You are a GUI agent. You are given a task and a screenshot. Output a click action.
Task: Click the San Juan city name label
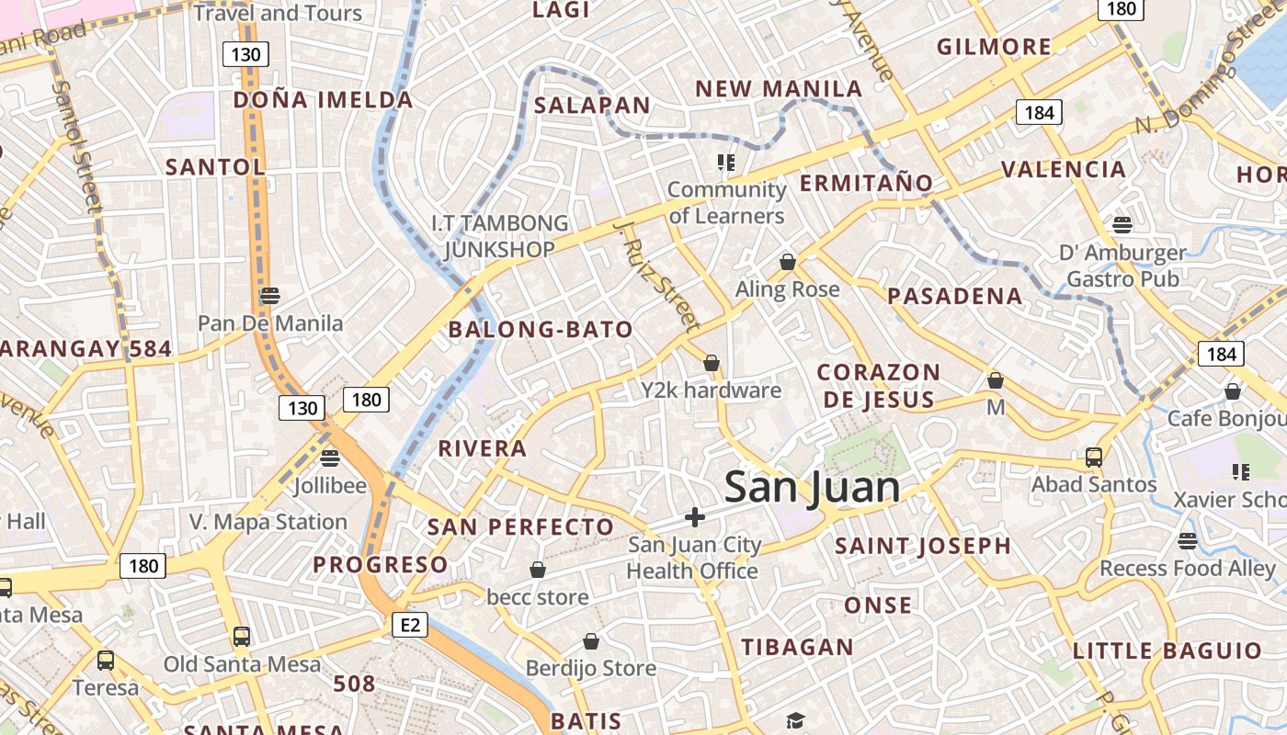click(812, 487)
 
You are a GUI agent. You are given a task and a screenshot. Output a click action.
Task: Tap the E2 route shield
click(410, 626)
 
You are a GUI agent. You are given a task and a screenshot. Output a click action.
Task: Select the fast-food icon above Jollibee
click(330, 458)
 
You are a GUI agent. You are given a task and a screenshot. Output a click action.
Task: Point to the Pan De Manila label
click(270, 323)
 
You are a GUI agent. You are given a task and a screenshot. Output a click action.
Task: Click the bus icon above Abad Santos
click(1094, 457)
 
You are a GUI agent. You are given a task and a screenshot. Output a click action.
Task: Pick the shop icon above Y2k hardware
click(711, 363)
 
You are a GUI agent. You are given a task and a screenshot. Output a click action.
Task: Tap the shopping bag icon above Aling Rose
click(787, 262)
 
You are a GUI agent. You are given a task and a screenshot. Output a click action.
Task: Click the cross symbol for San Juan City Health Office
click(695, 517)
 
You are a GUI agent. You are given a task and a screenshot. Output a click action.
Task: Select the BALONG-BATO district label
click(541, 330)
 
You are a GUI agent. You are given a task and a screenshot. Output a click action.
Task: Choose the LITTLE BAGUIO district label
click(1167, 651)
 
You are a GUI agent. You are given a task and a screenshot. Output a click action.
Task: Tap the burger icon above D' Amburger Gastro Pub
click(1122, 224)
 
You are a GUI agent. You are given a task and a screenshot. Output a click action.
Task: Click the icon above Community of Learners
click(726, 163)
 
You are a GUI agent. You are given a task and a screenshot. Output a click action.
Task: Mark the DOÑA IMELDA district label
click(323, 99)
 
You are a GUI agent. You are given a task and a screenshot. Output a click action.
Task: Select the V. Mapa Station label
click(268, 522)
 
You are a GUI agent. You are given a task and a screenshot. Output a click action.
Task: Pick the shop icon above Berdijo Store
click(591, 640)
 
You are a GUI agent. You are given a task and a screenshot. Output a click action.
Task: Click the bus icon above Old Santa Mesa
click(242, 636)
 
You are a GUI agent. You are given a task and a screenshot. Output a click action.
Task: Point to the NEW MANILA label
click(779, 89)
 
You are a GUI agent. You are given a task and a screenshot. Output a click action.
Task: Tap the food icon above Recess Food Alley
click(1188, 541)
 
